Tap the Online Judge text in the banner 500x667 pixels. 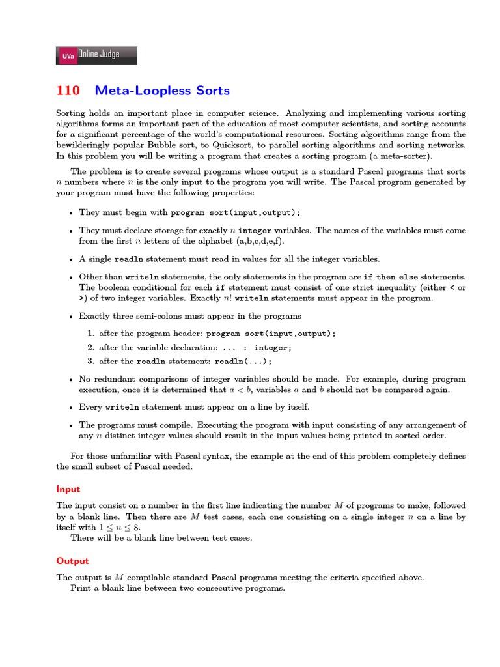(98, 55)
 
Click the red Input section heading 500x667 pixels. (68, 489)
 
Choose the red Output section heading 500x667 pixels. (72, 560)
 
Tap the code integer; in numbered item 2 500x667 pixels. (273, 347)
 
